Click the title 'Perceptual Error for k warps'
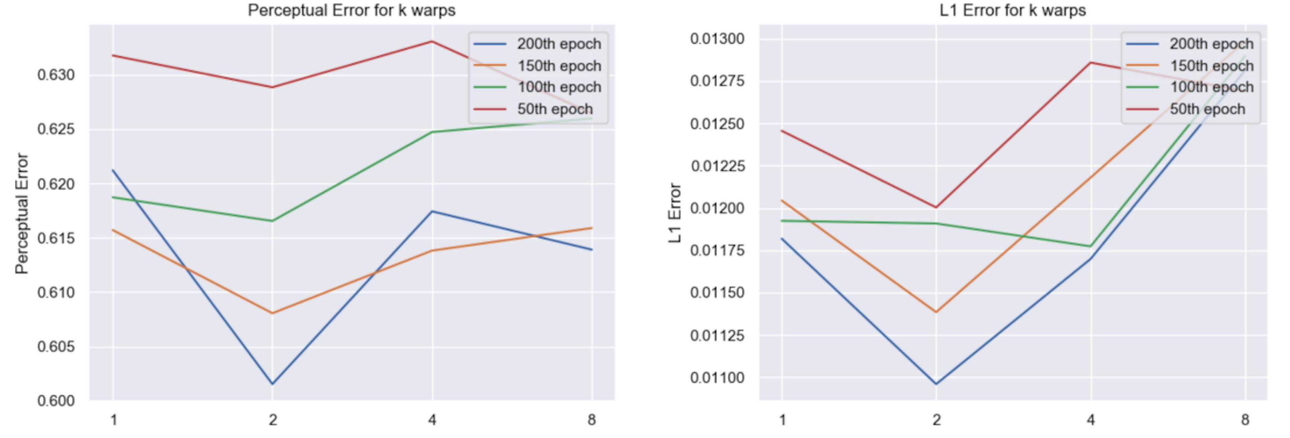click(351, 10)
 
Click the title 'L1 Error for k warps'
click(1013, 10)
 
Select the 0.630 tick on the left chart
click(56, 75)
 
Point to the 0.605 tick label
click(56, 346)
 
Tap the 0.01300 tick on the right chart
click(717, 39)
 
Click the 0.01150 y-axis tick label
click(717, 292)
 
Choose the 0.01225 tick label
click(717, 166)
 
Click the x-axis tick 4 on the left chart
click(432, 420)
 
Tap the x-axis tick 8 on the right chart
click(1245, 420)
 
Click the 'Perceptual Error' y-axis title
click(21, 214)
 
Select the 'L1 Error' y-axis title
click(675, 213)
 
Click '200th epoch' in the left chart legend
click(559, 44)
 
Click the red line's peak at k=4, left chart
click(432, 42)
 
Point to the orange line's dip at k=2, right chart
click(936, 312)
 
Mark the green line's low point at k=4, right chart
click(1090, 246)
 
